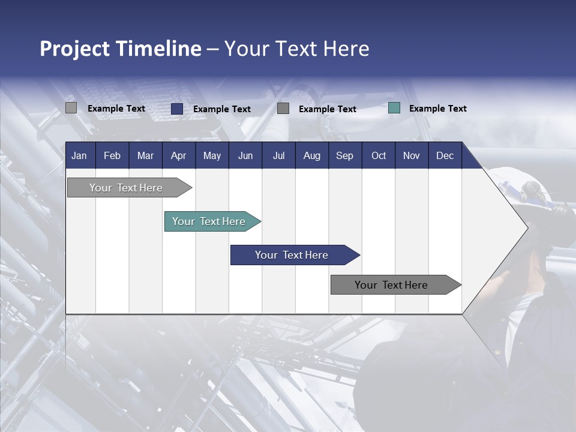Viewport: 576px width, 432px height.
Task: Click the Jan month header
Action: click(x=79, y=155)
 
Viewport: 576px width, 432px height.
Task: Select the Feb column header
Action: click(x=112, y=155)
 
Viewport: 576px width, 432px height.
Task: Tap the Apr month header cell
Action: click(x=178, y=155)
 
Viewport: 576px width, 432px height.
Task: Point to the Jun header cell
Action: click(x=245, y=155)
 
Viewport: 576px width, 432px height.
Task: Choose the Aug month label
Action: click(x=312, y=155)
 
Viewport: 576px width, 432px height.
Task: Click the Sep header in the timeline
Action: click(x=345, y=155)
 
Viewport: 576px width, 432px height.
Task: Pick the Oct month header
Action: click(x=379, y=155)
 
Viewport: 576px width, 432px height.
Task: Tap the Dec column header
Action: click(x=445, y=155)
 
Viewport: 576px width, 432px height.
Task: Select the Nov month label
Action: click(x=412, y=155)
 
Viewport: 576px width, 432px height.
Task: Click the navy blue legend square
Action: click(x=177, y=109)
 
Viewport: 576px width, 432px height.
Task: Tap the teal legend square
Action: click(x=394, y=108)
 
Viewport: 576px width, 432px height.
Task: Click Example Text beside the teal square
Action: click(x=437, y=108)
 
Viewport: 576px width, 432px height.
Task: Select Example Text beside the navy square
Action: click(x=221, y=109)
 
